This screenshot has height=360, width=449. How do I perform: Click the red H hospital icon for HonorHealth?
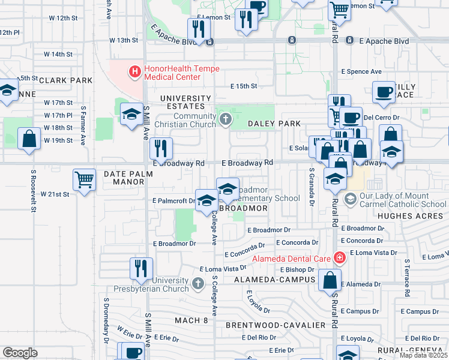pyautogui.click(x=135, y=71)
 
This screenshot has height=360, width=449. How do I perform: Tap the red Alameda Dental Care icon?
pyautogui.click(x=340, y=258)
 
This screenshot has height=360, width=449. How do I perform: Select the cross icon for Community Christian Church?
pyautogui.click(x=226, y=119)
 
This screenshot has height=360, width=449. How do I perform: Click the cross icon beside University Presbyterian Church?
pyautogui.click(x=199, y=283)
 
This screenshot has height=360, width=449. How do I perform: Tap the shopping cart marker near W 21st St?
pyautogui.click(x=85, y=179)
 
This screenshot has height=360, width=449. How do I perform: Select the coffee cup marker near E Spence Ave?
pyautogui.click(x=384, y=92)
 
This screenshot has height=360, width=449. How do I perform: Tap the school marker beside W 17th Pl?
pyautogui.click(x=131, y=113)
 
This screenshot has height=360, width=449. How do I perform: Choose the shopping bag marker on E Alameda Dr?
pyautogui.click(x=330, y=280)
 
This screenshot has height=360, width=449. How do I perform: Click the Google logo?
pyautogui.click(x=20, y=353)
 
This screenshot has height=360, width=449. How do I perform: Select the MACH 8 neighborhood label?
pyautogui.click(x=191, y=320)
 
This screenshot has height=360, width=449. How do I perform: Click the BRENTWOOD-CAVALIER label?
pyautogui.click(x=276, y=325)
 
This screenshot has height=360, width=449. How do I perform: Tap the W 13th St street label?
pyautogui.click(x=124, y=40)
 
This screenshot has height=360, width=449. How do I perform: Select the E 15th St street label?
pyautogui.click(x=244, y=86)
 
